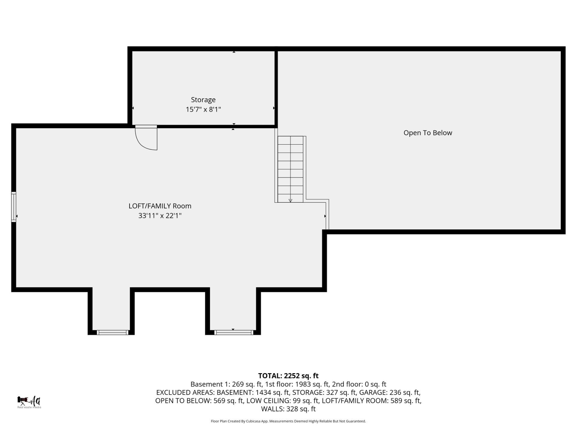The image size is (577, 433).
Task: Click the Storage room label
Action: (203, 100)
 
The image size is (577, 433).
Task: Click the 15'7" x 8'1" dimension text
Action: (203, 109)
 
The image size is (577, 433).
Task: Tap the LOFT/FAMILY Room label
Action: (160, 206)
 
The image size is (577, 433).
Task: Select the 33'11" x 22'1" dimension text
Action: (160, 216)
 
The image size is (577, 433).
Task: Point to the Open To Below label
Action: (427, 133)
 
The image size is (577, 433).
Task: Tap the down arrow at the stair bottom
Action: (290, 200)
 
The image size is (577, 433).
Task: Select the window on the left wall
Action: (14, 207)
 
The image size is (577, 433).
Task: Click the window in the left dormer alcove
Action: (112, 332)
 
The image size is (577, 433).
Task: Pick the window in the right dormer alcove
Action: (234, 332)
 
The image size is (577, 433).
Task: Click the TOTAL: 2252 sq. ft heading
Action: (288, 376)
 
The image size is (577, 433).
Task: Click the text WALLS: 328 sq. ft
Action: (288, 409)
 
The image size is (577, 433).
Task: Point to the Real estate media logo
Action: (29, 402)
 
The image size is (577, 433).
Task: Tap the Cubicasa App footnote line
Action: (288, 421)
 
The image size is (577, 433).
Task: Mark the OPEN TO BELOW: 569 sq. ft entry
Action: (199, 401)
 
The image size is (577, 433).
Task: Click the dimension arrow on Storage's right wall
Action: (274, 108)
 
